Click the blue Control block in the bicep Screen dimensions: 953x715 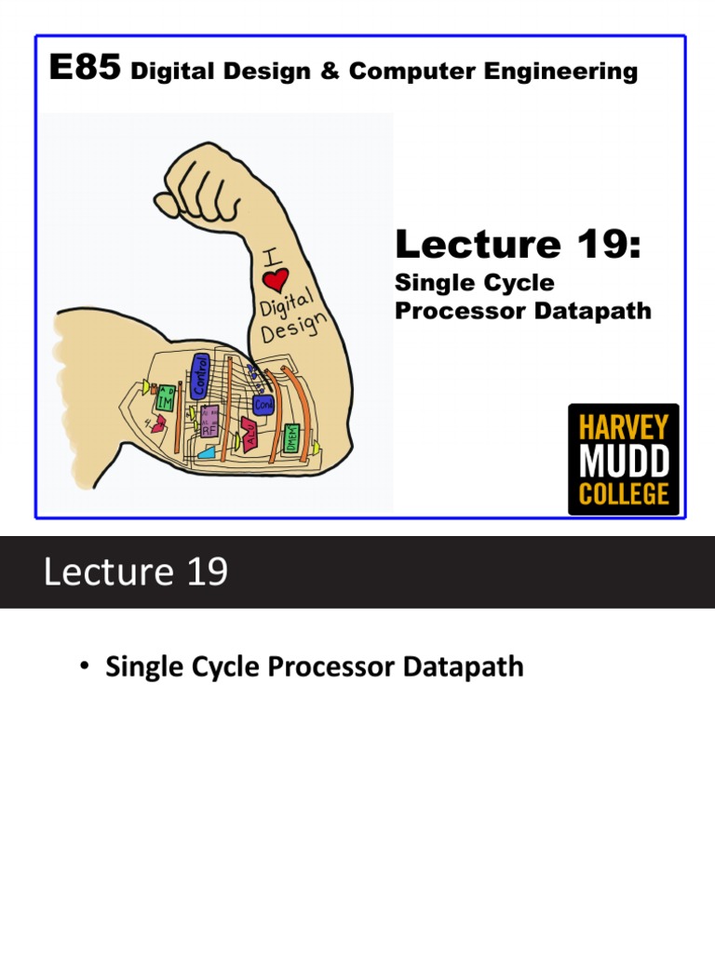click(x=197, y=374)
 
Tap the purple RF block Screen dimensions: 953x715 click(x=209, y=424)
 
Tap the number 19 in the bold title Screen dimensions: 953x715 click(x=604, y=245)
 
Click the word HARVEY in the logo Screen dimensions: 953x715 click(x=624, y=428)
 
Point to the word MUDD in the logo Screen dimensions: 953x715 click(x=624, y=461)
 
